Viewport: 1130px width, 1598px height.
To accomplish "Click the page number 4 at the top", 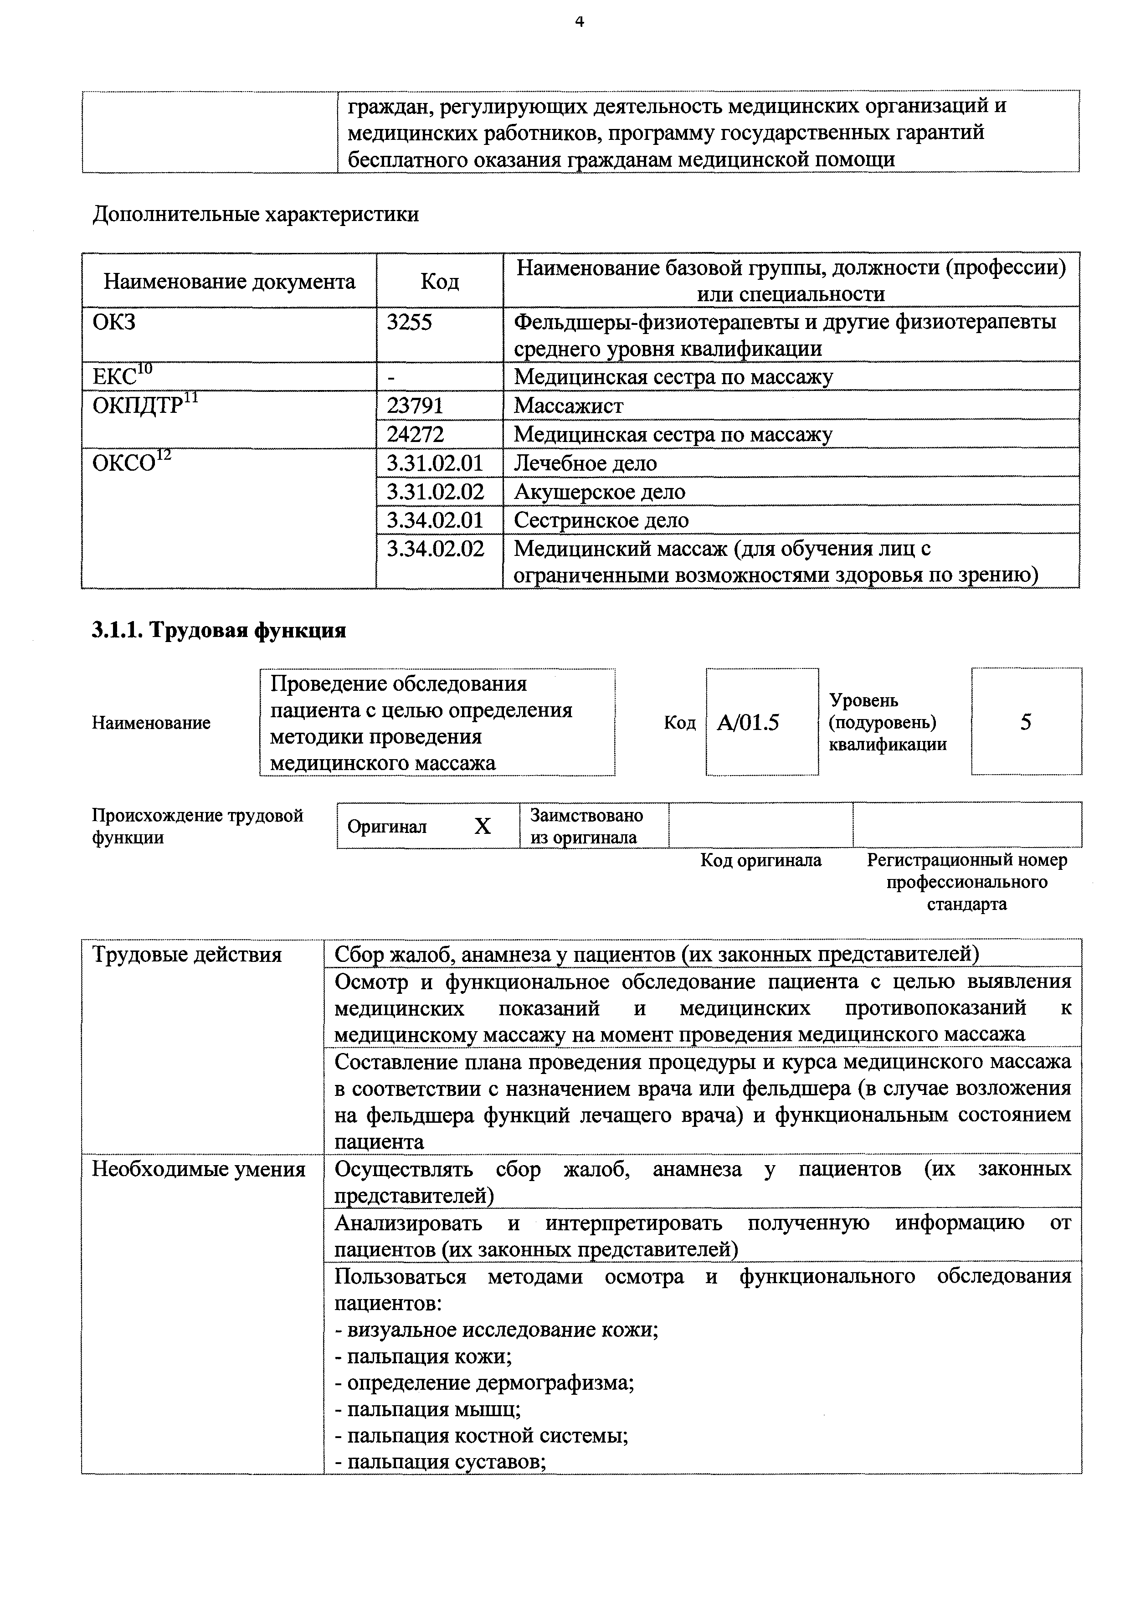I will tap(580, 22).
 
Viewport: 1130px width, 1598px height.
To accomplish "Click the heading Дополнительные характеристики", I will tap(255, 214).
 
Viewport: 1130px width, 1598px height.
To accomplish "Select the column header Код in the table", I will tap(439, 281).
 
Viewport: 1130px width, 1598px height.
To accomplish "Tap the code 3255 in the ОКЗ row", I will tap(409, 322).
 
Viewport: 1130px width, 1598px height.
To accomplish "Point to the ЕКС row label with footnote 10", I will tap(122, 376).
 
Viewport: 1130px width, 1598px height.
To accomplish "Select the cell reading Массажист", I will tap(569, 405).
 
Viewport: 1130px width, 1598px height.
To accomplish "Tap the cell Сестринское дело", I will tap(601, 520).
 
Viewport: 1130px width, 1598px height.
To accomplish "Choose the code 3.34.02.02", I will tap(435, 549).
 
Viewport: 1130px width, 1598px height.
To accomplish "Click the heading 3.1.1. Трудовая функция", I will tap(219, 630).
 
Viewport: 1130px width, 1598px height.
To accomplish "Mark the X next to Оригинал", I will tap(482, 826).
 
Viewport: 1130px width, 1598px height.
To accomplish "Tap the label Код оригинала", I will tap(760, 860).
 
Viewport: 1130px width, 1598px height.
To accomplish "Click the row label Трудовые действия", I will tap(187, 954).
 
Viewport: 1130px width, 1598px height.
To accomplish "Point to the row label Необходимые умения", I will tap(198, 1169).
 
